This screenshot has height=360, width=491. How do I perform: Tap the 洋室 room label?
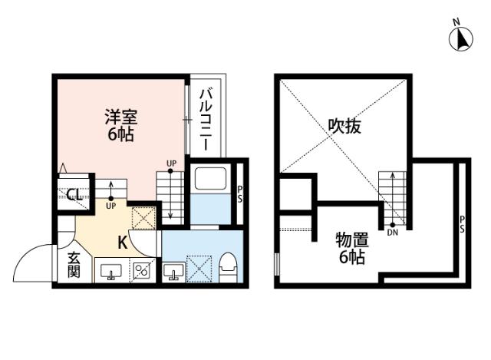[121, 118]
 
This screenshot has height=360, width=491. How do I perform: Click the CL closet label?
[74, 194]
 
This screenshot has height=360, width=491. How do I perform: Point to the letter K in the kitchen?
[122, 243]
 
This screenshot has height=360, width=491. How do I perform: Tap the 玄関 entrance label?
[73, 265]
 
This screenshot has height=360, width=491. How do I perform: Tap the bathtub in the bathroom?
[209, 180]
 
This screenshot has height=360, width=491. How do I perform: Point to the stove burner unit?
[143, 271]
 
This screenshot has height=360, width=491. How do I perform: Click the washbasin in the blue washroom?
[173, 271]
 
